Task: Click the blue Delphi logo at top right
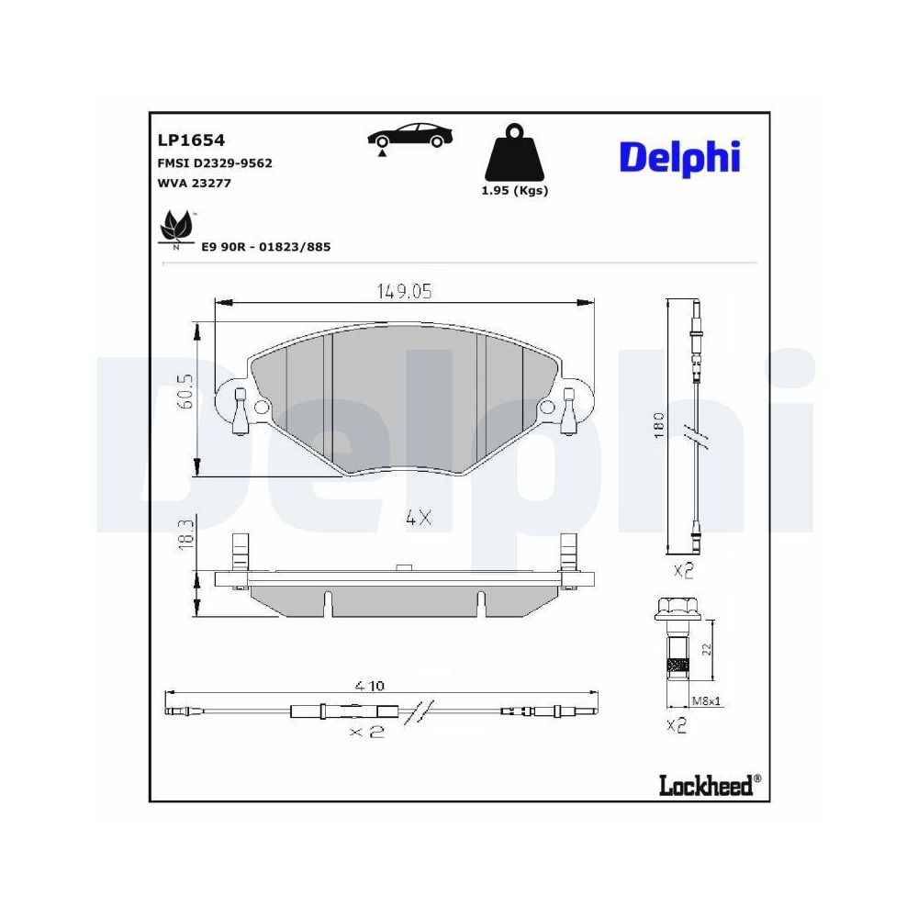pos(679,157)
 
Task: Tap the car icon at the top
pos(409,137)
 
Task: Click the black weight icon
pos(514,157)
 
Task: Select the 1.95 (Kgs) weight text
pos(515,190)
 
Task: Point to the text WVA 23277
pos(196,183)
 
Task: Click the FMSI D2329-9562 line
pos(216,162)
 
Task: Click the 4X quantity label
pos(418,518)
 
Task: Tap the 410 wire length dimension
pos(371,685)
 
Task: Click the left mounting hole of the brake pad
pos(261,407)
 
